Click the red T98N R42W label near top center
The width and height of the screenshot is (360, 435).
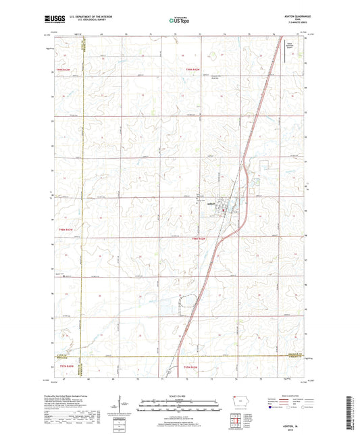(195, 68)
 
